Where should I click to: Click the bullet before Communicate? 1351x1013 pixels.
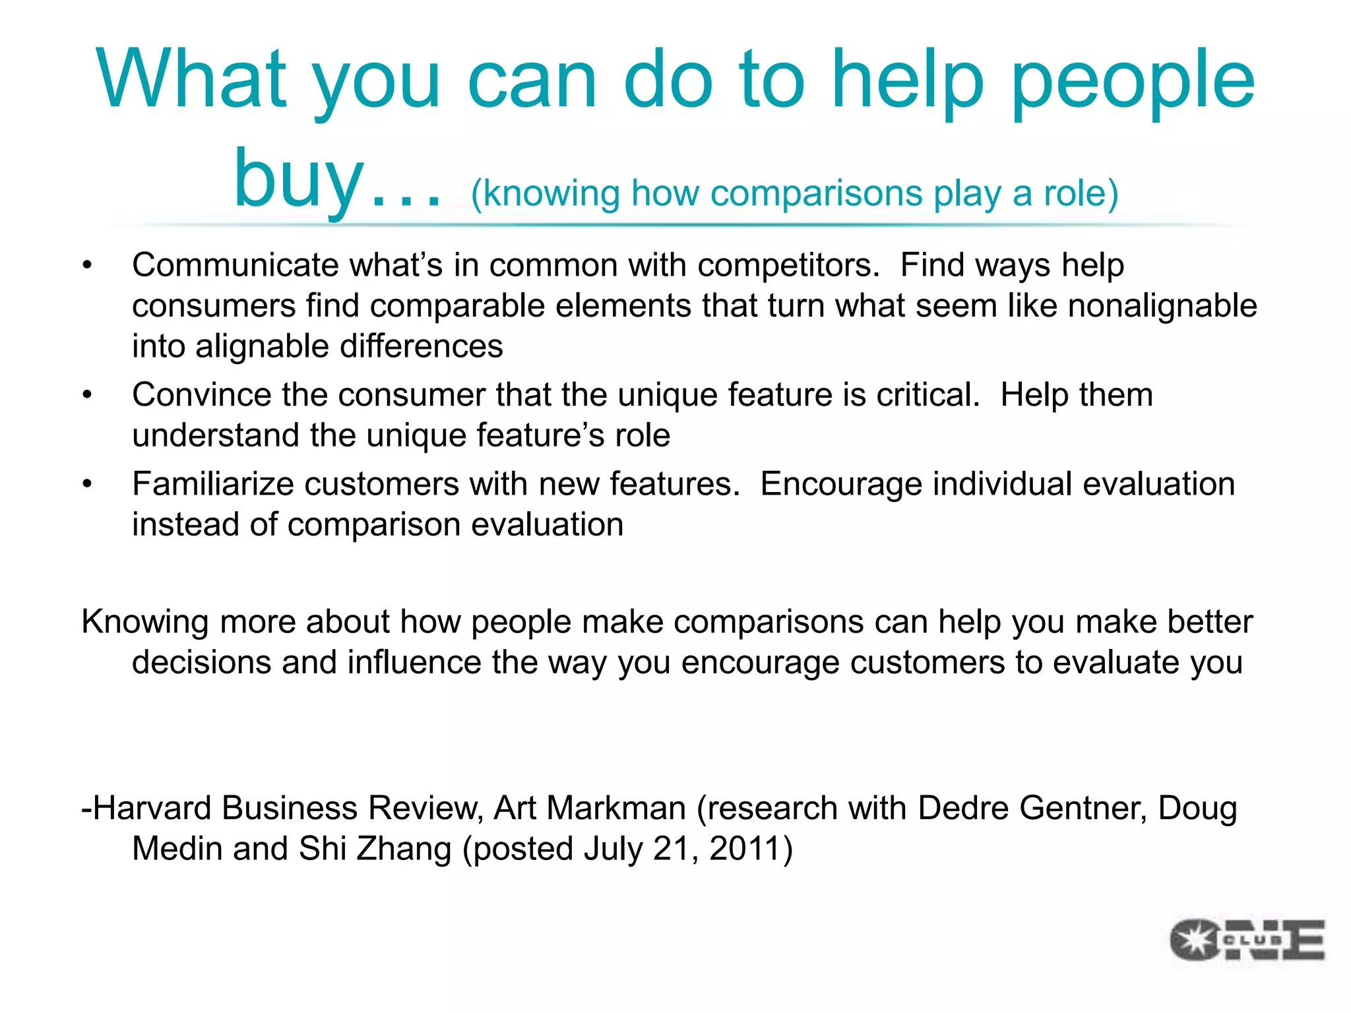tap(87, 266)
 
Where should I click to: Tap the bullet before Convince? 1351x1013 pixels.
tap(87, 396)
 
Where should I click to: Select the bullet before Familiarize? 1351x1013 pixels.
tap(87, 485)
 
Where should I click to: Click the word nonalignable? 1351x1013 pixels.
tap(1162, 306)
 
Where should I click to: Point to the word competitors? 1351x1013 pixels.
tap(788, 266)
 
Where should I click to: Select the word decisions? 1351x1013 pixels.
tap(201, 663)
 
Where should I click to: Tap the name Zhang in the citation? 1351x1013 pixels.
tap(403, 849)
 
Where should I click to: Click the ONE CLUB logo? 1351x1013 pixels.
tap(1247, 940)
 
